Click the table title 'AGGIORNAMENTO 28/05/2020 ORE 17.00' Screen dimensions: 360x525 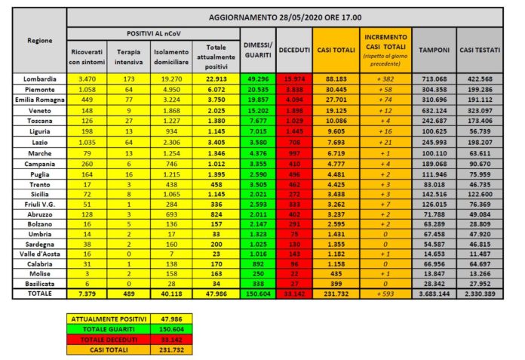click(x=284, y=16)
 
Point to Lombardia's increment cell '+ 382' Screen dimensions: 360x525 click(x=385, y=78)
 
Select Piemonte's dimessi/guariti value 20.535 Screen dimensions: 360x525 click(x=257, y=88)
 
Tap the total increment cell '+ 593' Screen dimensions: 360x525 click(x=385, y=292)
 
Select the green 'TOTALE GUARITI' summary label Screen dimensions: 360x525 click(x=94, y=330)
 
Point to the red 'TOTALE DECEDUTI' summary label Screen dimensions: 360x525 click(x=94, y=339)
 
